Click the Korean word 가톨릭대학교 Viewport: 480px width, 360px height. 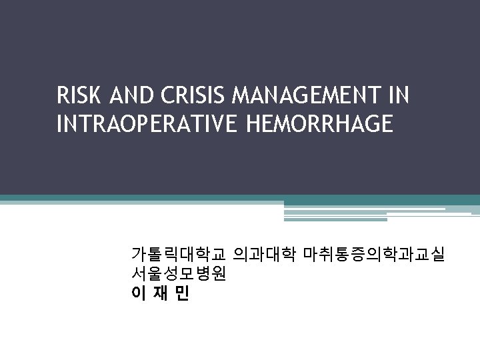pos(179,255)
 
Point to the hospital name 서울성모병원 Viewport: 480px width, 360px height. pos(179,274)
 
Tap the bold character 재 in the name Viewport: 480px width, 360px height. pos(160,293)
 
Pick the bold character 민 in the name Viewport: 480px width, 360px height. pos(182,293)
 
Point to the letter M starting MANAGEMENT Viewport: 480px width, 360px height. pos(239,97)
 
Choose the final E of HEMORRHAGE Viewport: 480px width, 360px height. pos(387,124)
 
